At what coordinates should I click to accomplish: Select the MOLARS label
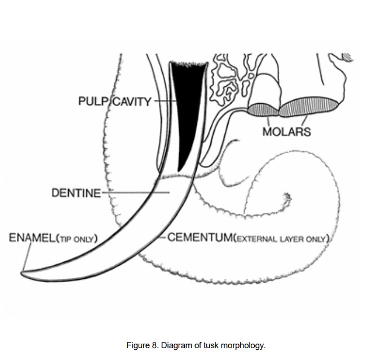pyautogui.click(x=286, y=132)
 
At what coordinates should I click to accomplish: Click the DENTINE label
pyautogui.click(x=76, y=193)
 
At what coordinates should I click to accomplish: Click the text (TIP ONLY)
pyautogui.click(x=77, y=239)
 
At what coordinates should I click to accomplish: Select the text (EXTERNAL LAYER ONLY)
pyautogui.click(x=281, y=239)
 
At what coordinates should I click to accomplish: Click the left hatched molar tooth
pyautogui.click(x=264, y=109)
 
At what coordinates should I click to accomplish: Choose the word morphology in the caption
pyautogui.click(x=243, y=345)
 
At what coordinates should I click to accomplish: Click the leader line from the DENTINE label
pyautogui.click(x=135, y=193)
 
